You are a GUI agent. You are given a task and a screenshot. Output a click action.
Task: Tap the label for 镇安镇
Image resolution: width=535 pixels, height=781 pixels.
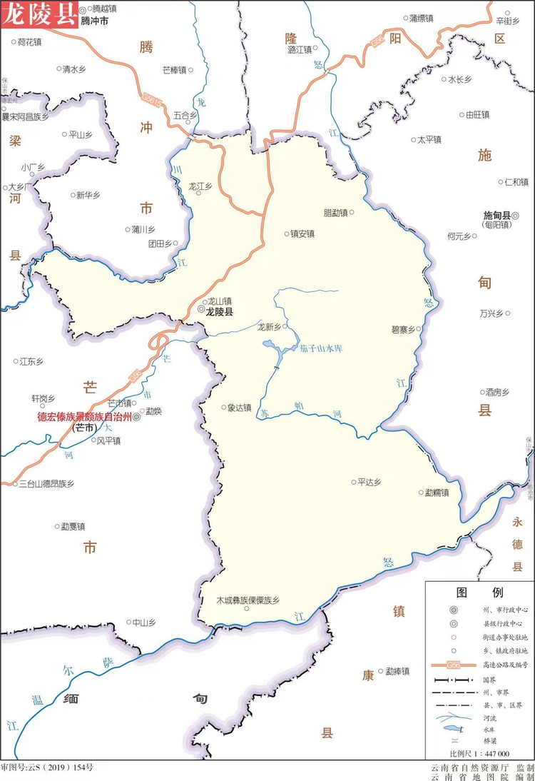302,233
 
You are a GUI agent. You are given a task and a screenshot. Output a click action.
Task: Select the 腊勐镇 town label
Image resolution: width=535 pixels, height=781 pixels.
335,213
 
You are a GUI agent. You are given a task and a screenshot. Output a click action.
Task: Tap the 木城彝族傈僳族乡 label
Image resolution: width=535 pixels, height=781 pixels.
248,600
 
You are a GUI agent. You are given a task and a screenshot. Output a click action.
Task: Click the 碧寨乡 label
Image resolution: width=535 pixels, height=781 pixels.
403,330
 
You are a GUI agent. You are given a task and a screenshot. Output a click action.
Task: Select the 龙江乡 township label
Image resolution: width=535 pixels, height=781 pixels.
200,186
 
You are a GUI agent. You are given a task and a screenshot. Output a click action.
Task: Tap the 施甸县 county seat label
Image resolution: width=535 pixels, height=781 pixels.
499,215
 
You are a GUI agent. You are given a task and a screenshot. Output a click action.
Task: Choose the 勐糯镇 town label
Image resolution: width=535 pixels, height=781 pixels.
437,493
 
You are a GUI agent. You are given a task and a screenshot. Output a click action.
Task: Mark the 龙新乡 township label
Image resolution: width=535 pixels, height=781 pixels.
269,327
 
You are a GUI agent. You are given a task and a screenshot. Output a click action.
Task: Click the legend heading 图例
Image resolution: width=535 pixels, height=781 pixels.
479,593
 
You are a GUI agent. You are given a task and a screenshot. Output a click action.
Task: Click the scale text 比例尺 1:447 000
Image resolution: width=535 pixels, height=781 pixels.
479,753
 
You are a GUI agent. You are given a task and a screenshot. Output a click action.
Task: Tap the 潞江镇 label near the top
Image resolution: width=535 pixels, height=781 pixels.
300,50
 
